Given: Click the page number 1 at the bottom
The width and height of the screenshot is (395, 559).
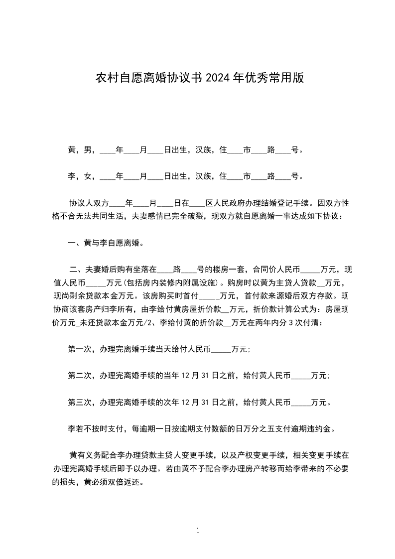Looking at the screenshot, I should [198, 531].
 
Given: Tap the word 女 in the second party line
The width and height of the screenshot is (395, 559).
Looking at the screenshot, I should [88, 176].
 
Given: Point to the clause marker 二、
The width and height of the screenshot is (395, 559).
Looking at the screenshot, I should [76, 270].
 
